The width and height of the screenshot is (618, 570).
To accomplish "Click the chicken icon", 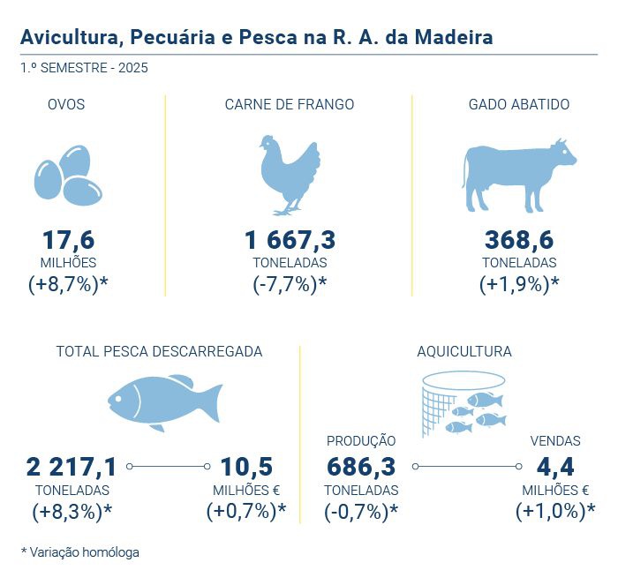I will pos(290,174).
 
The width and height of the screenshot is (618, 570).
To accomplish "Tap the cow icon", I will pos(518,174).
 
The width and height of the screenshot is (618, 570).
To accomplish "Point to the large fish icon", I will pos(163,402).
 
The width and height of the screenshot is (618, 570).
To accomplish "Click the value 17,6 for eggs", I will pos(68,240).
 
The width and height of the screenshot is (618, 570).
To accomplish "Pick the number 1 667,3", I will pos(290,240).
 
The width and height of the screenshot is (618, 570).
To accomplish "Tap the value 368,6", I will pos(518,240).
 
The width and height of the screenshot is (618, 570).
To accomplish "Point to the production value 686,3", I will pos(361,467).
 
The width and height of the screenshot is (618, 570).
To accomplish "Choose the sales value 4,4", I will pos(554,467).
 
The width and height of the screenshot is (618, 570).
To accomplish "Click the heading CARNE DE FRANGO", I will pos(290,104).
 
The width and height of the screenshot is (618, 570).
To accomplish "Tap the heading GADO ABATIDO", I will pos(519,104).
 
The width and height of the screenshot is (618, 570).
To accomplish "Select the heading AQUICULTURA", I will pos(464,351).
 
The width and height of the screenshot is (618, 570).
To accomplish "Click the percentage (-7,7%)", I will pos(290,284).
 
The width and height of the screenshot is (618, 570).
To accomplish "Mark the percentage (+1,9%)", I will pos(519,284).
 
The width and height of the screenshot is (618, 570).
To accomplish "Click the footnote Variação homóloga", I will pos(85,551).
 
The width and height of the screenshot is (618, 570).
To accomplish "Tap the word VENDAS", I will pos(554,440).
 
